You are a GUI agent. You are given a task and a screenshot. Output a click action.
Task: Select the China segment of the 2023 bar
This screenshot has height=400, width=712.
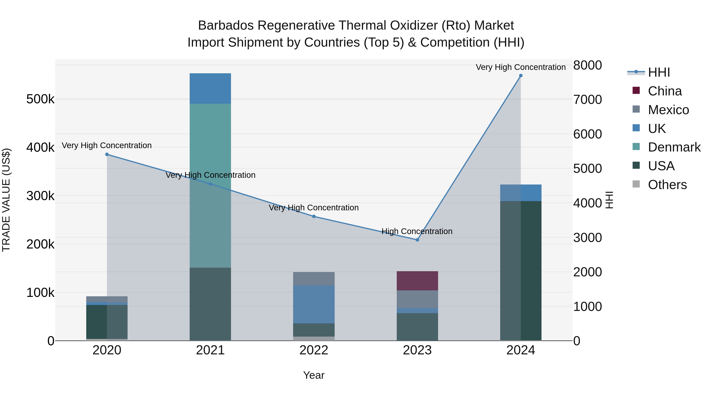[x=417, y=280]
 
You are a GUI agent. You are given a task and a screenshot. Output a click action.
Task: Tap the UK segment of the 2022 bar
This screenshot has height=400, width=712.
[x=314, y=304]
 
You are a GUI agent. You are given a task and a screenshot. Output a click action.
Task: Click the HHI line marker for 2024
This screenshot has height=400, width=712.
[x=521, y=76]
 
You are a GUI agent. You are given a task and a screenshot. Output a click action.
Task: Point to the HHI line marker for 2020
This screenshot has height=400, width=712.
[x=107, y=154]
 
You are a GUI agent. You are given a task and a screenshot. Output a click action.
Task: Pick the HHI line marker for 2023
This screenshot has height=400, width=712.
[x=417, y=240]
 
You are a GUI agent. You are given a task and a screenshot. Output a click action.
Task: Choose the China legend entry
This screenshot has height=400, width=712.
[x=665, y=91]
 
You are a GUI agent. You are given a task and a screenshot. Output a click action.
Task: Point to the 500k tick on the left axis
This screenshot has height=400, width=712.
[x=40, y=99]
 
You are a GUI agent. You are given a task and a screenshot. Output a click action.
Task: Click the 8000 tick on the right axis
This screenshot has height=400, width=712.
[x=587, y=65]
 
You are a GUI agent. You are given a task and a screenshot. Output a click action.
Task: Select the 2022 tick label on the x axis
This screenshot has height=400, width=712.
[x=314, y=350]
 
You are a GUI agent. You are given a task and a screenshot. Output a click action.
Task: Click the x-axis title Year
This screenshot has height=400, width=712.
[x=314, y=375]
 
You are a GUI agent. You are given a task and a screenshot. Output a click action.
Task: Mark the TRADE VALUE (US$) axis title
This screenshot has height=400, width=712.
[x=6, y=200]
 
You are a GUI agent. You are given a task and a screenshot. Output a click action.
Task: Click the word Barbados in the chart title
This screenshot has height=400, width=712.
[x=226, y=25]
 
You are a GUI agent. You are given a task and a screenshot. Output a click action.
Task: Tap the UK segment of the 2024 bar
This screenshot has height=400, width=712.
[x=521, y=193]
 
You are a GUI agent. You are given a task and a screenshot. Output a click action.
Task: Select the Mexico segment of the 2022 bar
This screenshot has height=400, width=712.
[x=314, y=279]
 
